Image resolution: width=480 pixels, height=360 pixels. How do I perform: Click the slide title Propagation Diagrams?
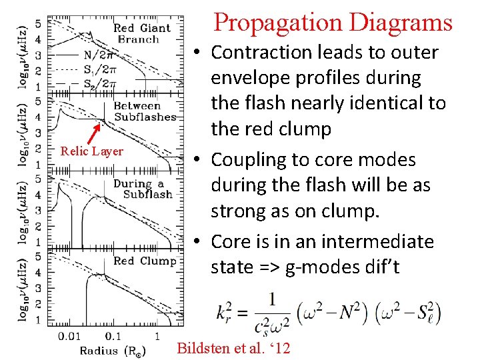[x=333, y=23]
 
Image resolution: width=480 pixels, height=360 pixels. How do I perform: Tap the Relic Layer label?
[x=91, y=151]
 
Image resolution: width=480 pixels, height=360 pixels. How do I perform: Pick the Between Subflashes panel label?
[x=144, y=111]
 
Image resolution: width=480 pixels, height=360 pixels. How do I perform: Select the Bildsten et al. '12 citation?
[x=233, y=347]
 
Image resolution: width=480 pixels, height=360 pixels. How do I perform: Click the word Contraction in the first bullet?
[x=267, y=52]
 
